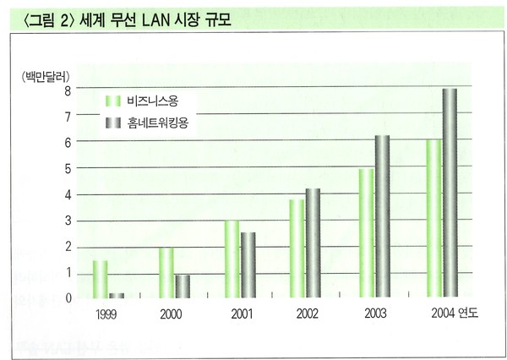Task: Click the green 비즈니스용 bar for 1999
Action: pos(101,279)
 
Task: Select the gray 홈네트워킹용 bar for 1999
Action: pos(116,295)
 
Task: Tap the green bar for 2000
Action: pos(167,272)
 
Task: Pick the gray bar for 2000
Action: pos(183,286)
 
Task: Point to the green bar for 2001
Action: pos(232,259)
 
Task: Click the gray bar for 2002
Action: pos(313,243)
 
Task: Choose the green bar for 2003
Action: pos(366,233)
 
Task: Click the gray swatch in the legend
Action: pos(112,124)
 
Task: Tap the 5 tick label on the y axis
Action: pos(68,168)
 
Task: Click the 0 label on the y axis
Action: pos(68,298)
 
